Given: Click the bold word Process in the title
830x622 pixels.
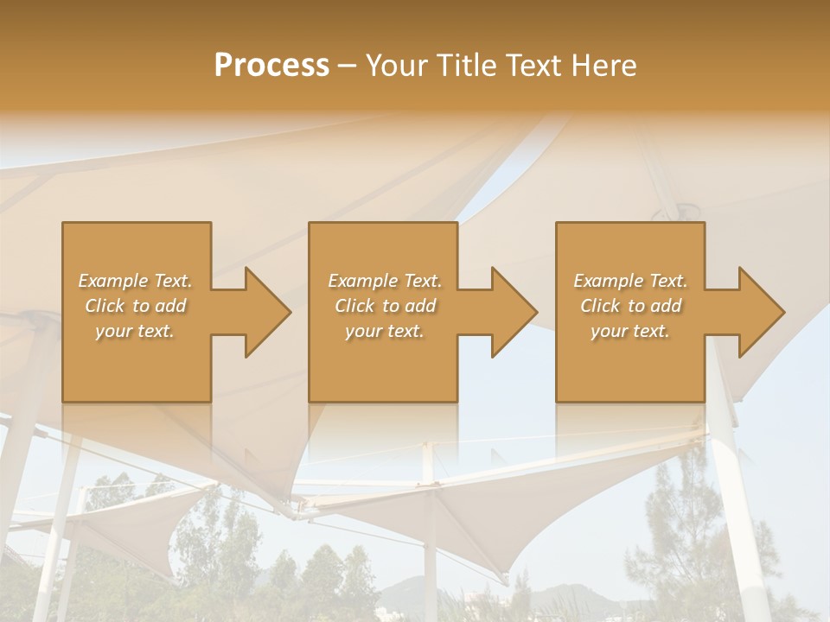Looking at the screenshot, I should click(271, 66).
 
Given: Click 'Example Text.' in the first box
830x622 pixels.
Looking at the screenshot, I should click(136, 281).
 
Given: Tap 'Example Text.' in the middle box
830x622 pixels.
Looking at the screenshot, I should click(385, 281).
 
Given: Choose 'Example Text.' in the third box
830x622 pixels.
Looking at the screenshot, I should click(630, 281).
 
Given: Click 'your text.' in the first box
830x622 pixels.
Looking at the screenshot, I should click(136, 331).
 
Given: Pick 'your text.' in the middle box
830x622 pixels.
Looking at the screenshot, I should click(385, 331).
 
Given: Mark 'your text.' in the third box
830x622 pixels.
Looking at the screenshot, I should click(630, 331).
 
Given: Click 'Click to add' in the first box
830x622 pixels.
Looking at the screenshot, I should click(136, 306).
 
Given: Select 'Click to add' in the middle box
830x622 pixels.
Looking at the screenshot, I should click(385, 306).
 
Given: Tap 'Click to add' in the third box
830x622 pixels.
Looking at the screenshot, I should click(630, 306).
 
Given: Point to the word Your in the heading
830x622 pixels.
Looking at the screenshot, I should click(395, 66).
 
